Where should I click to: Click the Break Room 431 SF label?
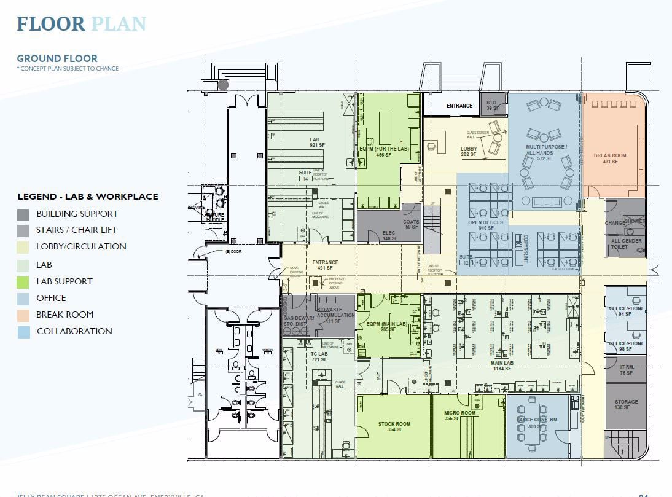(609, 158)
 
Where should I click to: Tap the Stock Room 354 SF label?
(394, 427)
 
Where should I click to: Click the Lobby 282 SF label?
(469, 151)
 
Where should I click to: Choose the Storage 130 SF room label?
(626, 405)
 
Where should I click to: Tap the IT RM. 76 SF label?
(626, 370)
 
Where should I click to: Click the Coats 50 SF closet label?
(411, 225)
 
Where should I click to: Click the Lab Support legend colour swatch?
(23, 281)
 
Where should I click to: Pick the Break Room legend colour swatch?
(23, 315)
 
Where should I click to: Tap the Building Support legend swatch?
(23, 214)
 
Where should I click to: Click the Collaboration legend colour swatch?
(23, 331)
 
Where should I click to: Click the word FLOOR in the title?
(51, 24)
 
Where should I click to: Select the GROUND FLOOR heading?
(57, 59)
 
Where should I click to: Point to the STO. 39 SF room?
(491, 105)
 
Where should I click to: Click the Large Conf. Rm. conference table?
(530, 422)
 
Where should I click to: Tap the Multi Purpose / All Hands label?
(546, 151)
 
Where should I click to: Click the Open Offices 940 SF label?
(485, 225)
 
